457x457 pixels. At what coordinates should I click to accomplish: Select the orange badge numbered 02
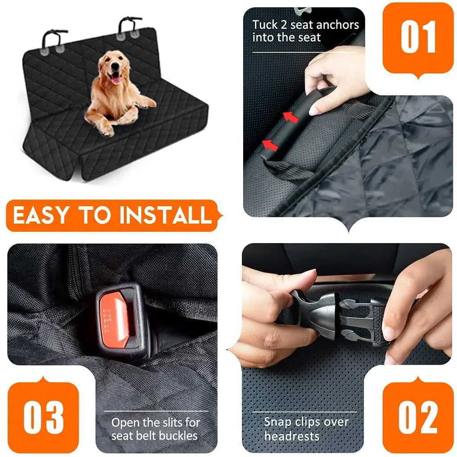tap(418, 417)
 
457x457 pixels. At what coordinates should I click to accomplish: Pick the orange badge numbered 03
tap(43, 417)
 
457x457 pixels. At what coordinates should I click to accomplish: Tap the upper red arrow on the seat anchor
tap(290, 117)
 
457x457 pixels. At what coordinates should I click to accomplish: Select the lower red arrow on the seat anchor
tap(269, 144)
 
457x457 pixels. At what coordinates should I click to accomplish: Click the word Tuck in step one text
tap(265, 24)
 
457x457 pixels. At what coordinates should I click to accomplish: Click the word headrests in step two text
tap(292, 435)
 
